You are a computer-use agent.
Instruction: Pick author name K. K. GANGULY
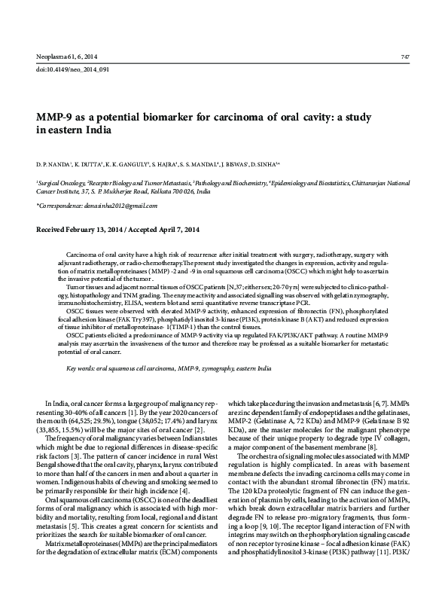(x=130, y=162)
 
